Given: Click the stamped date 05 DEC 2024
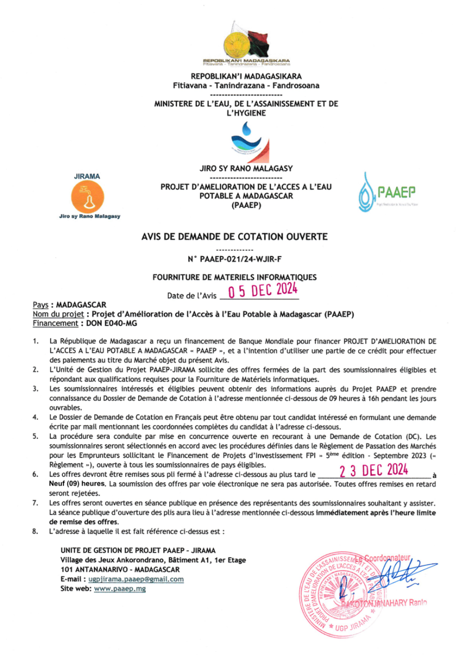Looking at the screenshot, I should (263, 292).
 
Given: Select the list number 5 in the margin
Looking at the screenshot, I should (35, 437).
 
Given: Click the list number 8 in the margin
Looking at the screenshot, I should (35, 531).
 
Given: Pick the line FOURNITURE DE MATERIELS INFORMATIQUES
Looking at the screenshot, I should (235, 277).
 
